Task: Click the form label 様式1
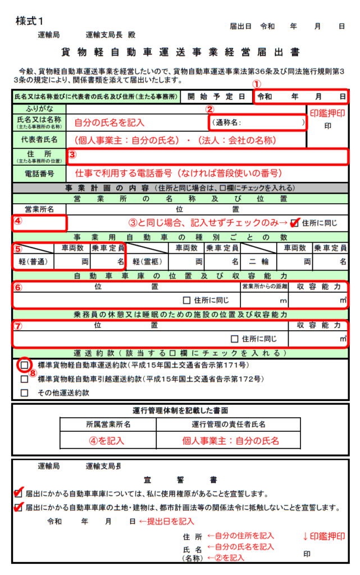[30, 21]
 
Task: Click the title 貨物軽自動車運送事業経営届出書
[180, 53]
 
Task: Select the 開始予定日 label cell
[217, 96]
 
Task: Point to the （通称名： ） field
[258, 121]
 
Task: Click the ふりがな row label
[39, 108]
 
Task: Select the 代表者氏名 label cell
[39, 139]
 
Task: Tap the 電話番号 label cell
[39, 174]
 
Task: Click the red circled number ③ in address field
[72, 153]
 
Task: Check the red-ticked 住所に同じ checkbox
[294, 223]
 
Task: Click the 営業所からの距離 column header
[264, 286]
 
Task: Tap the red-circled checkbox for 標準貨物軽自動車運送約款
[24, 365]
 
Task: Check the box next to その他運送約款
[24, 393]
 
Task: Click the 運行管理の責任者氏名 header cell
[229, 424]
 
